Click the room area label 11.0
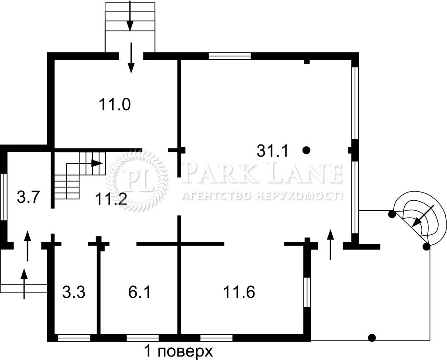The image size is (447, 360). (x=115, y=104)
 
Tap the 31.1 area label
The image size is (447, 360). (x=272, y=151)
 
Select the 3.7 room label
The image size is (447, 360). (x=28, y=197)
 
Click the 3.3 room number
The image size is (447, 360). (x=74, y=292)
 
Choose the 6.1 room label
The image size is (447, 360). (x=139, y=292)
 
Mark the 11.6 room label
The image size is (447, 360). (x=239, y=292)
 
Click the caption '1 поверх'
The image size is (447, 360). (x=179, y=351)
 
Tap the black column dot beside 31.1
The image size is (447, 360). (x=306, y=150)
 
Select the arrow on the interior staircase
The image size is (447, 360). (x=97, y=163)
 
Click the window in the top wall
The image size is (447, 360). (x=230, y=56)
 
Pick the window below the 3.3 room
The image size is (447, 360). (x=74, y=338)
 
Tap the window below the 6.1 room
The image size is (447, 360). (x=143, y=338)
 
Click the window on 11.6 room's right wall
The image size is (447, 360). (x=307, y=292)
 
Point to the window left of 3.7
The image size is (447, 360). (x=3, y=197)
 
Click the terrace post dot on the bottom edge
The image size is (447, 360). (x=372, y=338)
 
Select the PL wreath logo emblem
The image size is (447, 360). (x=137, y=180)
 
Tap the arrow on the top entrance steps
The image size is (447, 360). (x=130, y=16)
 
